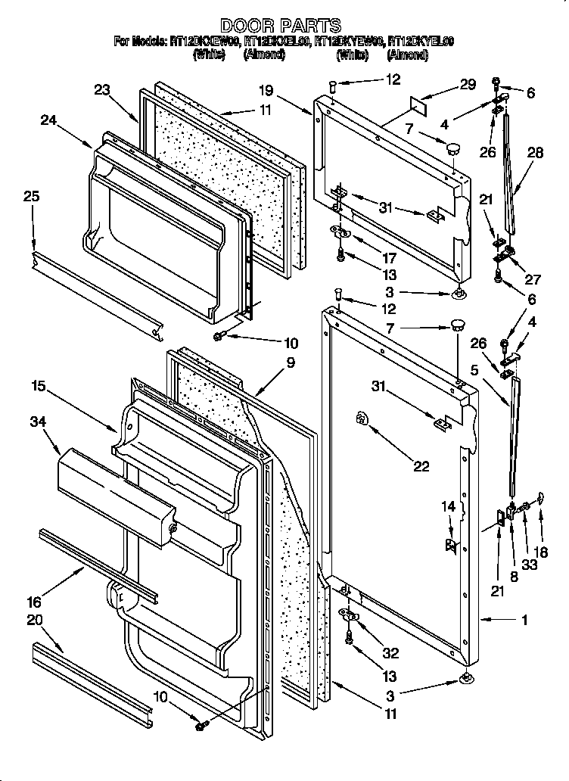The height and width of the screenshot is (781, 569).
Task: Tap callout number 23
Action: [x=102, y=89]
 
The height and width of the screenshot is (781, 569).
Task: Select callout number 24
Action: [x=49, y=119]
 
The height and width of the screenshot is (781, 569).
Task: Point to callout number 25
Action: [x=31, y=197]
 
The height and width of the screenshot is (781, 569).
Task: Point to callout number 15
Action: [x=39, y=386]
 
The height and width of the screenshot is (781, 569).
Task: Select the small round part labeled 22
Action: [x=362, y=419]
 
